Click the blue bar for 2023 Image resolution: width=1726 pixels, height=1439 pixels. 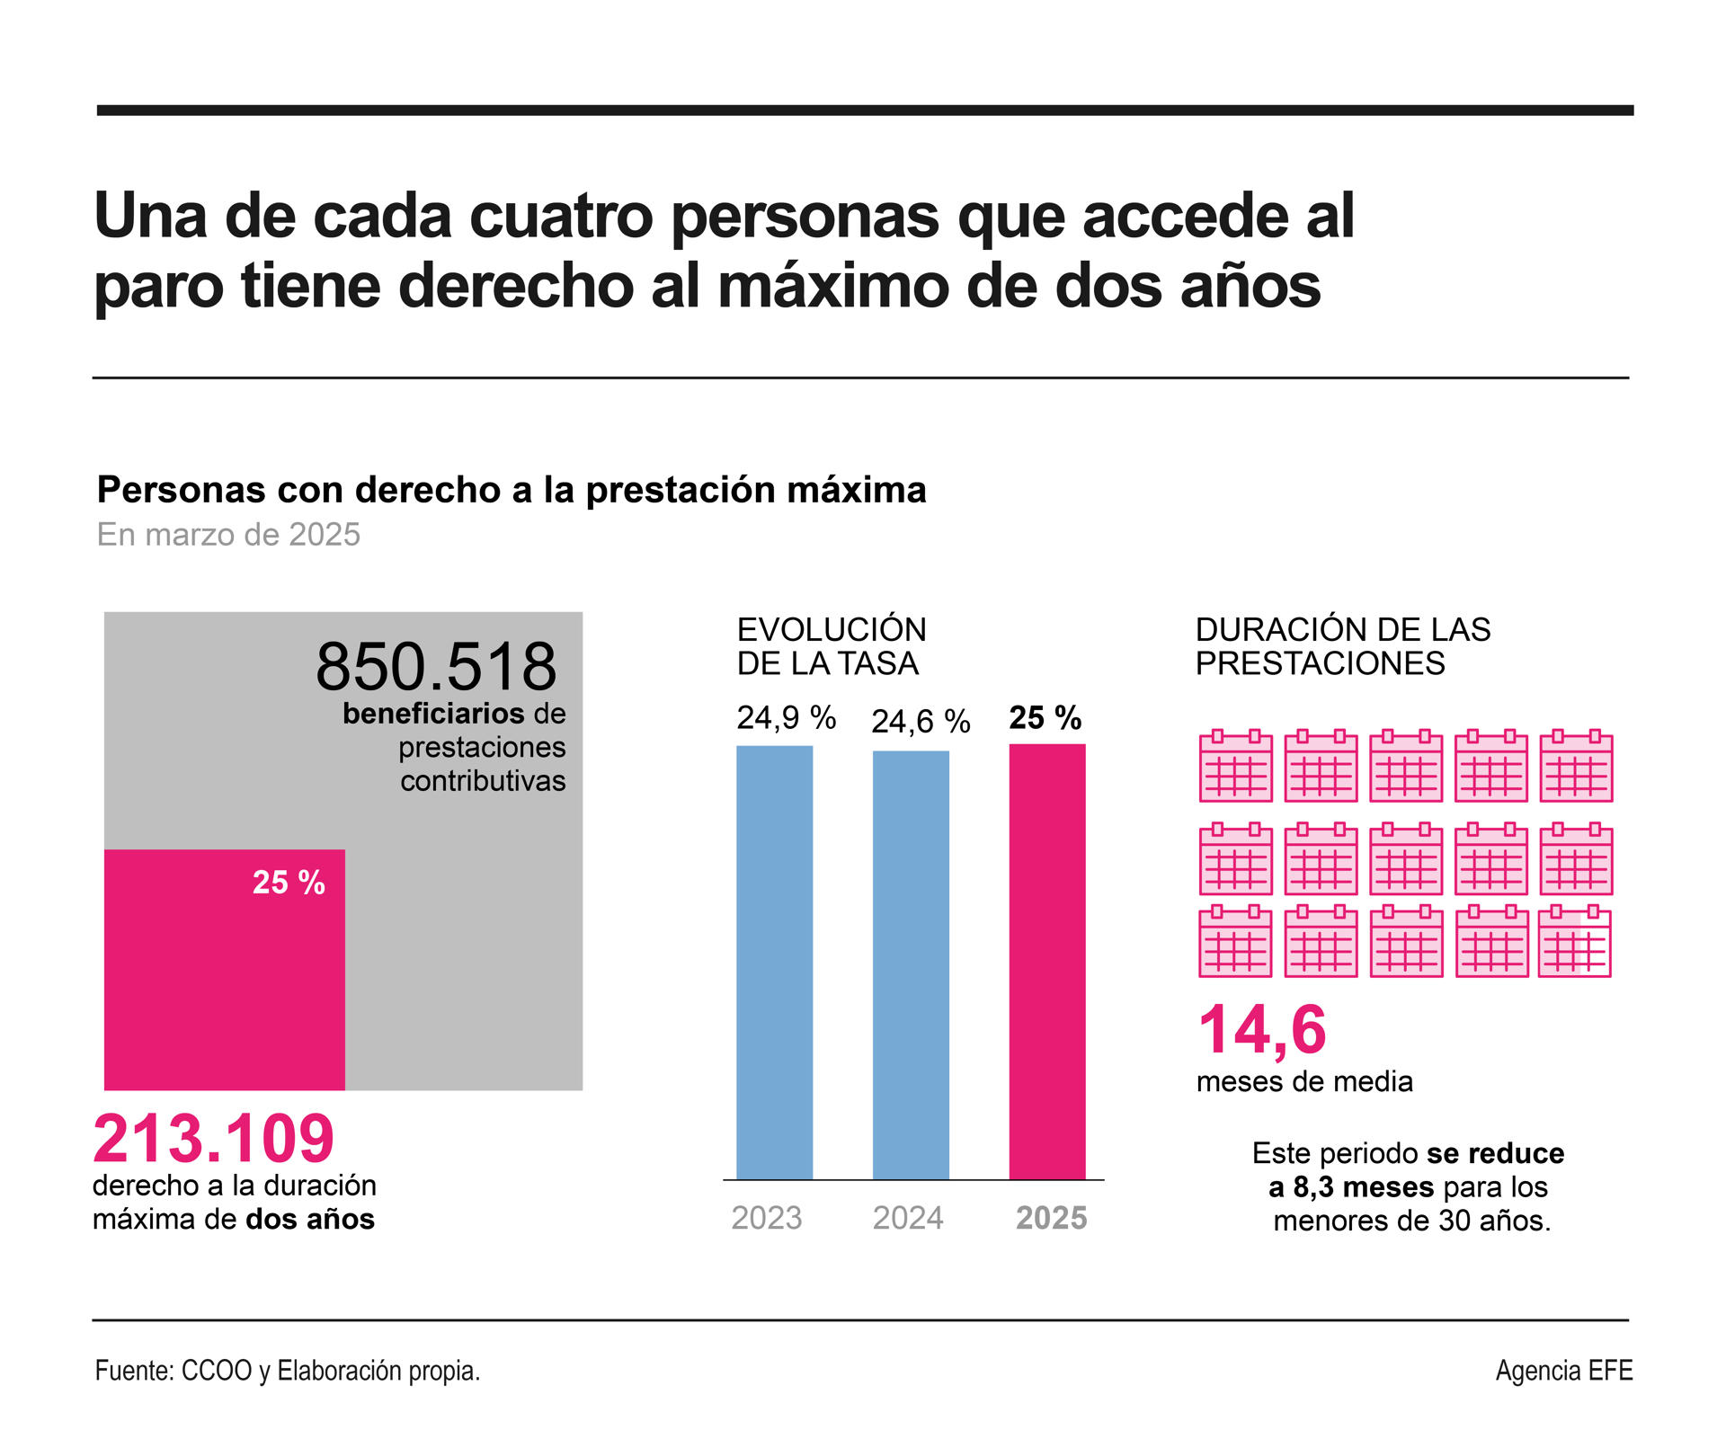(x=774, y=962)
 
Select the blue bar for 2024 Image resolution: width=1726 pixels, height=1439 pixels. (x=911, y=964)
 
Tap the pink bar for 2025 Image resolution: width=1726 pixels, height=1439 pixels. (x=1047, y=961)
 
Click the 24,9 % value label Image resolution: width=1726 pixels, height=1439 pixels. (x=787, y=717)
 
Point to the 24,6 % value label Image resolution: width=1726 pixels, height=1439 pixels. (x=921, y=721)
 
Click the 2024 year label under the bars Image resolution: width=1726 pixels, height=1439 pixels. (x=908, y=1218)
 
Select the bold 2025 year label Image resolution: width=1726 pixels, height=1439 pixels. (x=1051, y=1218)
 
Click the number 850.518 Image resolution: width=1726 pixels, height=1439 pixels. (x=436, y=666)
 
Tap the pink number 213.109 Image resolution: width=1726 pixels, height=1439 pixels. (x=214, y=1139)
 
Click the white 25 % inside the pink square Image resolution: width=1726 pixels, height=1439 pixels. (x=289, y=883)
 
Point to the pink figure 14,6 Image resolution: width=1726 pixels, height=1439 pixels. (x=1262, y=1030)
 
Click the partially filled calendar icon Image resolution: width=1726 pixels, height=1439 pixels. (x=1575, y=942)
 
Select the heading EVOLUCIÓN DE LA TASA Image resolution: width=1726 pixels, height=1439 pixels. (x=832, y=646)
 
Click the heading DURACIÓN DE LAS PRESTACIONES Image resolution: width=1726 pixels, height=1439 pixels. (x=1342, y=646)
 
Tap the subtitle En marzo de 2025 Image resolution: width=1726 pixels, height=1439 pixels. (x=228, y=535)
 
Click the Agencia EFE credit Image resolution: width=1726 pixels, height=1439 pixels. (x=1563, y=1371)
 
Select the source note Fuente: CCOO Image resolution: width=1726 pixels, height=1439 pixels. (x=287, y=1371)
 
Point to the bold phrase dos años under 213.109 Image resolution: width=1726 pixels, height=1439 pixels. (x=310, y=1220)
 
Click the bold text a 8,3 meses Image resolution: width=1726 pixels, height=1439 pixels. (x=1351, y=1187)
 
